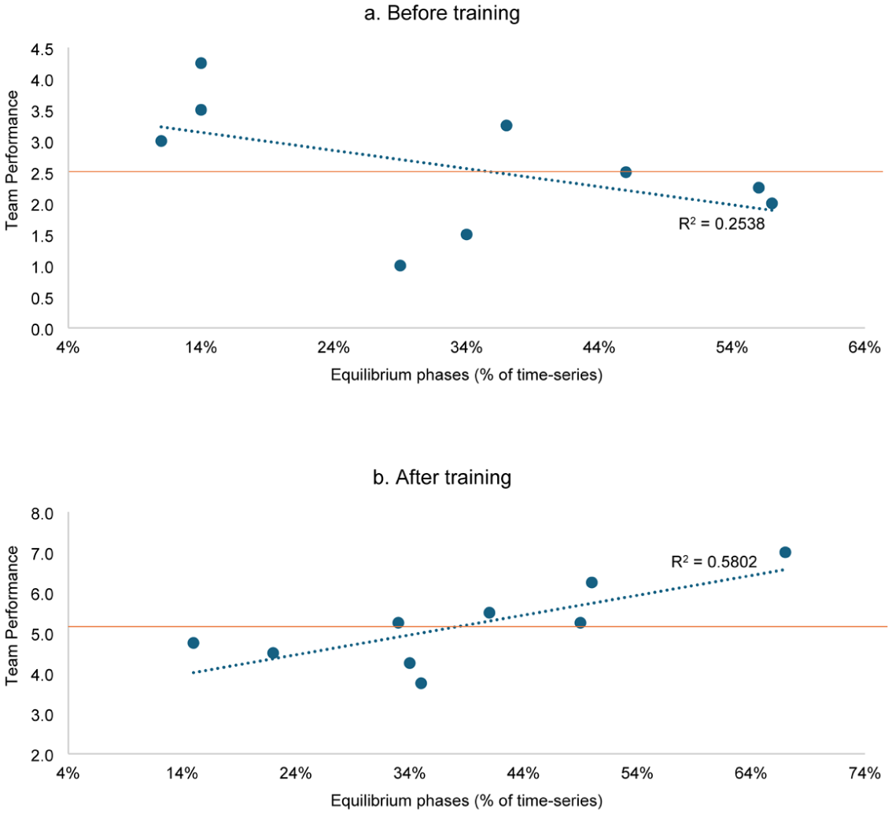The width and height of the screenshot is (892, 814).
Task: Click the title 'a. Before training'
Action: click(442, 13)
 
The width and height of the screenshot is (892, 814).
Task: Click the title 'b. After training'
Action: click(442, 477)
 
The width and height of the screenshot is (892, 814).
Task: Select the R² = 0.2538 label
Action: click(721, 223)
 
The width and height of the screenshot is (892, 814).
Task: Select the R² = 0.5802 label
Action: click(714, 562)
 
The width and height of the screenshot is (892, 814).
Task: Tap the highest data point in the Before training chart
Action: click(201, 63)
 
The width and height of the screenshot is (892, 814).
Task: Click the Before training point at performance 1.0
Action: click(400, 266)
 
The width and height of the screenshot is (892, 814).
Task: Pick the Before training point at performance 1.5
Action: click(466, 235)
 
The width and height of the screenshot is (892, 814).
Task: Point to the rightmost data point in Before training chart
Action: click(772, 204)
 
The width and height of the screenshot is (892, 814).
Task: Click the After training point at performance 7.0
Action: click(785, 552)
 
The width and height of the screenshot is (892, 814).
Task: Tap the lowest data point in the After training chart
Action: click(421, 683)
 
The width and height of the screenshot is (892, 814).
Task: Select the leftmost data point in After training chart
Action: click(194, 643)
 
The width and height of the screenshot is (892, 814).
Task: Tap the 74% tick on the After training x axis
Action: click(864, 773)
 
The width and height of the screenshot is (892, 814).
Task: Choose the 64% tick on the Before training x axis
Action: click(864, 346)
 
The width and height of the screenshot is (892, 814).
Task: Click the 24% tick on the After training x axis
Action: click(296, 773)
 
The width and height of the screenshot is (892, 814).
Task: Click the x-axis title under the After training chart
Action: click(466, 801)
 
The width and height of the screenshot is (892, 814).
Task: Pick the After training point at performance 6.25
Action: click(592, 583)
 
